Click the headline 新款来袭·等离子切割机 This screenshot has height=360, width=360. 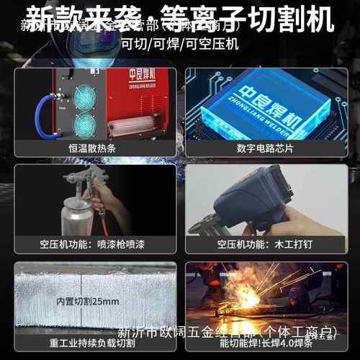180,17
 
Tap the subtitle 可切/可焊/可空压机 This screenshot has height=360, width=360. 179,43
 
